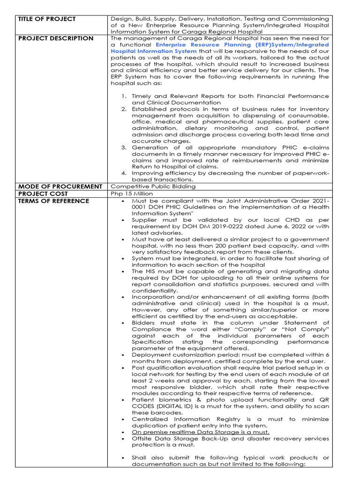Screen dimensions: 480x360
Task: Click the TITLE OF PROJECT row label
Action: coord(46,19)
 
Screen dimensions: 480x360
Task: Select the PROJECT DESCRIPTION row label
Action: coord(55,38)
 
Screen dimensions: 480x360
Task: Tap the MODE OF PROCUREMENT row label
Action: coord(60,187)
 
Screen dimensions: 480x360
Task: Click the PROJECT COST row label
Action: coord(43,194)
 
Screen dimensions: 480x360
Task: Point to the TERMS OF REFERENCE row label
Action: coord(53,201)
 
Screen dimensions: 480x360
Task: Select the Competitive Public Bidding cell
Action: coord(146,187)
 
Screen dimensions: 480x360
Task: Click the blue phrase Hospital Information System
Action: coord(154,51)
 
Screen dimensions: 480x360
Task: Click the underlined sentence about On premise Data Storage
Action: coord(201,432)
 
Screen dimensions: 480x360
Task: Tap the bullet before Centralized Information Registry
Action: coord(122,419)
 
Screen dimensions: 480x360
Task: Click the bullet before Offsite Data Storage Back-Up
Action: coord(122,438)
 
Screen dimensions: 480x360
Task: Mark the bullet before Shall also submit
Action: coord(122,457)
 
